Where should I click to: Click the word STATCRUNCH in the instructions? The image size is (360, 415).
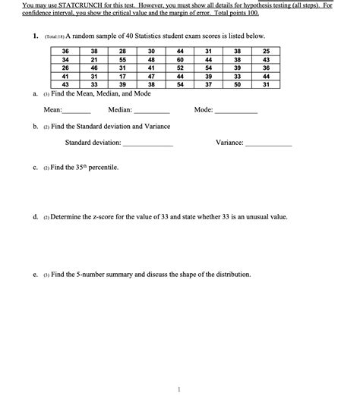(74, 5)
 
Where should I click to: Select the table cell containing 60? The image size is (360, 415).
(179, 59)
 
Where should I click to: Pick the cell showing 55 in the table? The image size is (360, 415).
(123, 59)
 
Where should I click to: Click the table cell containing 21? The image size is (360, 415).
(93, 59)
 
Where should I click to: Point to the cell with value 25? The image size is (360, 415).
(264, 51)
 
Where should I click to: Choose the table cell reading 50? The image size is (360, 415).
(237, 85)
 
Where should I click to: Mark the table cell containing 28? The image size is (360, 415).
(123, 51)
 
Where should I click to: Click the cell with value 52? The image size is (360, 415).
(179, 68)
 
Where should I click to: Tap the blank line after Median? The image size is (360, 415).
(151, 111)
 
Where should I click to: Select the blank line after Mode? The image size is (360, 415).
(236, 111)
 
